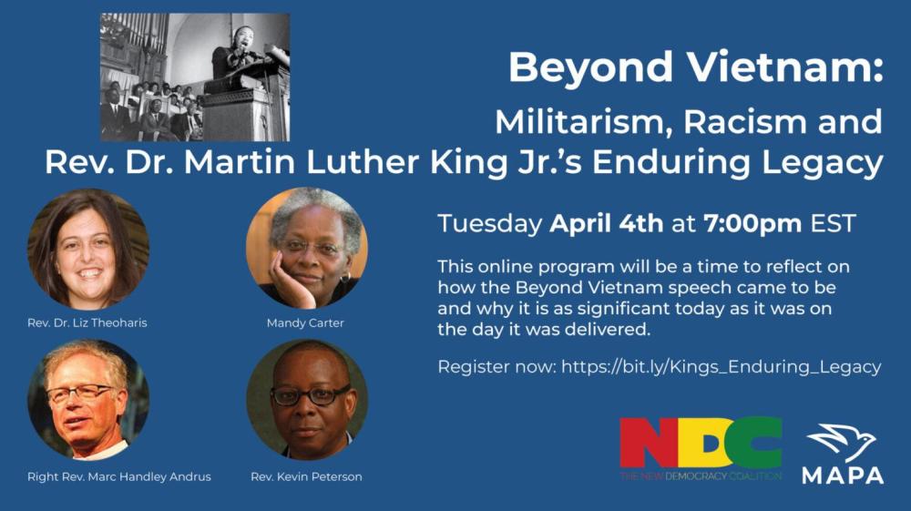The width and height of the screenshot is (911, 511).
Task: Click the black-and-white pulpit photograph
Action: click(x=195, y=77)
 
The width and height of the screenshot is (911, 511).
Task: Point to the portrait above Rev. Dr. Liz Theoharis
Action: click(x=88, y=249)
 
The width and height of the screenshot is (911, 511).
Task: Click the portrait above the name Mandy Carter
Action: click(x=307, y=248)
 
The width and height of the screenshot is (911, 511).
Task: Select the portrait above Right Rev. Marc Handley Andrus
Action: click(x=88, y=400)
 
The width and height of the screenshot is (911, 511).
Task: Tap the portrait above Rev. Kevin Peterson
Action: click(x=307, y=400)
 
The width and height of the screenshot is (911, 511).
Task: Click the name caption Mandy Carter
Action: click(x=305, y=322)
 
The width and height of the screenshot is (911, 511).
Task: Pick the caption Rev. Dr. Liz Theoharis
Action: click(x=87, y=322)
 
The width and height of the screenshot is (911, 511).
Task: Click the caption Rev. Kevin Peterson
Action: click(x=306, y=476)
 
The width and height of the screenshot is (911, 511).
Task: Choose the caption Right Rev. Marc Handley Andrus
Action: click(x=119, y=476)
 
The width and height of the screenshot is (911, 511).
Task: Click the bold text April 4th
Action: click(x=606, y=223)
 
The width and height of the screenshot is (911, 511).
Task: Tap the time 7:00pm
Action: click(x=752, y=224)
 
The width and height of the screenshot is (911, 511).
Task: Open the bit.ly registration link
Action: click(x=721, y=367)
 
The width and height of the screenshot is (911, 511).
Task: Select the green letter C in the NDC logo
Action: click(x=754, y=443)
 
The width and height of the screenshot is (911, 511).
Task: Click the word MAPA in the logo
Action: click(x=843, y=475)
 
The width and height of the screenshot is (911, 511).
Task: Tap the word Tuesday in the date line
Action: click(x=490, y=224)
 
